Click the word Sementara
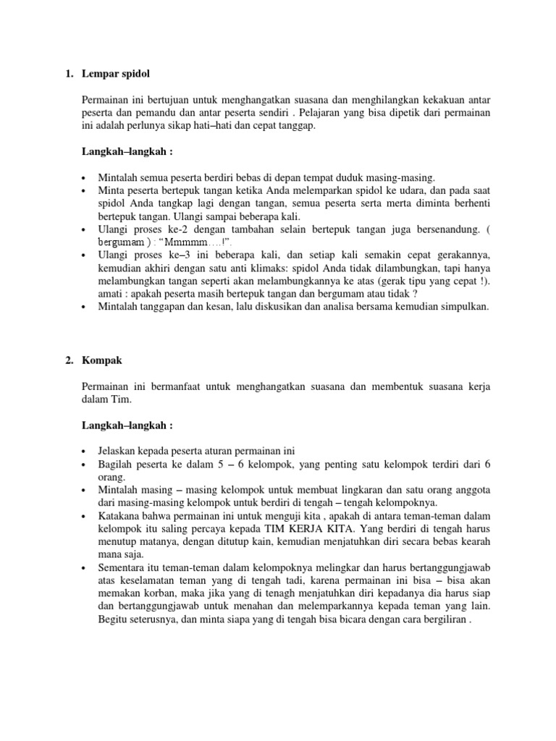[x=122, y=568]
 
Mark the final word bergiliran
[x=443, y=620]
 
